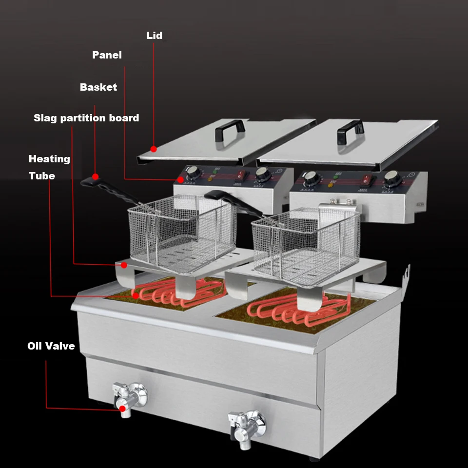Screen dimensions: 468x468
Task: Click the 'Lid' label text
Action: tap(154, 36)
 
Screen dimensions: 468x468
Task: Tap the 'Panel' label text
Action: tap(107, 55)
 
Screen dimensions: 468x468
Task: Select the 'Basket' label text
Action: tap(98, 87)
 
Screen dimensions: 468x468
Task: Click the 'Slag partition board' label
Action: tap(86, 118)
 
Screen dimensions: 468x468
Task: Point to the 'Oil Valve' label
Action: tap(51, 346)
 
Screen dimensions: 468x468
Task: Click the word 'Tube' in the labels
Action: tap(42, 176)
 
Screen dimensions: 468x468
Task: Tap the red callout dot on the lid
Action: tap(154, 149)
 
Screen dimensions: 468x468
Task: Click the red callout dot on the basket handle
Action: tap(96, 176)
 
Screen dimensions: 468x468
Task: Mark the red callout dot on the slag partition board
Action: tap(124, 265)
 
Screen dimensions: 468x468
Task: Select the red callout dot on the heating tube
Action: tap(135, 295)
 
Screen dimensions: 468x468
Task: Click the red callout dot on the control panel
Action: tap(181, 180)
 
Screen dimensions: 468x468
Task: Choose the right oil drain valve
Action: tap(246, 424)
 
